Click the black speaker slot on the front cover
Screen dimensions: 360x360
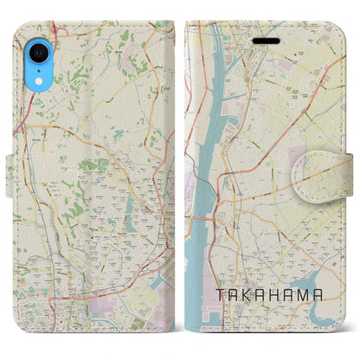coord(265,40)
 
